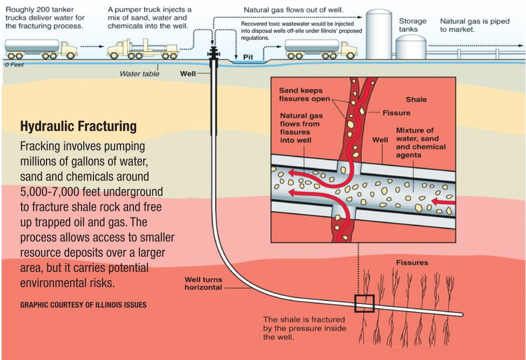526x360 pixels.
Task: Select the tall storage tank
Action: pos(379,33)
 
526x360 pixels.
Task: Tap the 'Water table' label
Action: pos(139,74)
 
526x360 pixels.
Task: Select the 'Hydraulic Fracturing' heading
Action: pos(78,127)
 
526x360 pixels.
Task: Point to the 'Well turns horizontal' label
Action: pos(203,283)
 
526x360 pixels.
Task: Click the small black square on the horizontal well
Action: pos(364,303)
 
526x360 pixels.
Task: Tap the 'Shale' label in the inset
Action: pos(416,99)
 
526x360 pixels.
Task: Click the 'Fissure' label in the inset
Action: pos(396,113)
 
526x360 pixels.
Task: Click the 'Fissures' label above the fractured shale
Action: pos(412,263)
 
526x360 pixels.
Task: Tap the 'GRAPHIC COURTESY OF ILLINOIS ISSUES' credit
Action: pos(83,305)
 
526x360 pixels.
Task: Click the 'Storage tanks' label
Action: pos(413,25)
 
